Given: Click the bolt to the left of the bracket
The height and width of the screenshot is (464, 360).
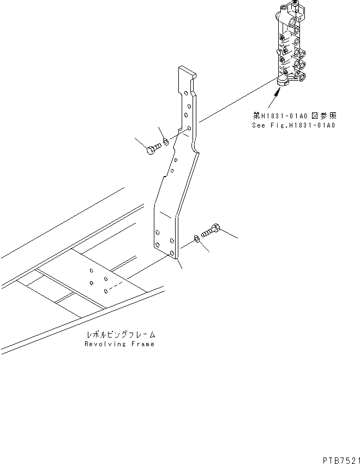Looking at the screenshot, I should click(153, 149).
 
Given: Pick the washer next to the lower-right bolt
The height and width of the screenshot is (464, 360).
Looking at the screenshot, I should click(195, 239).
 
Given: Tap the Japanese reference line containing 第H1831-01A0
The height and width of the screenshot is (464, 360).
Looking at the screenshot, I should click(294, 116).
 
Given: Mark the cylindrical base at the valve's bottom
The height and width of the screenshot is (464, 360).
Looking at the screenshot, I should click(284, 81).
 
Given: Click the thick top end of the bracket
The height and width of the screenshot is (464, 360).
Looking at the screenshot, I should click(185, 71).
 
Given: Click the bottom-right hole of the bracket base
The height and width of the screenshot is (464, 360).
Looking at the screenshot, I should click(172, 254).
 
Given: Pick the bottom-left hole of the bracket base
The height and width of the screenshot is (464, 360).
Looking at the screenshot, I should click(158, 246).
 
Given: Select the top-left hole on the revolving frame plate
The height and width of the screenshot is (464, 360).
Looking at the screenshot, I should click(91, 271).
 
